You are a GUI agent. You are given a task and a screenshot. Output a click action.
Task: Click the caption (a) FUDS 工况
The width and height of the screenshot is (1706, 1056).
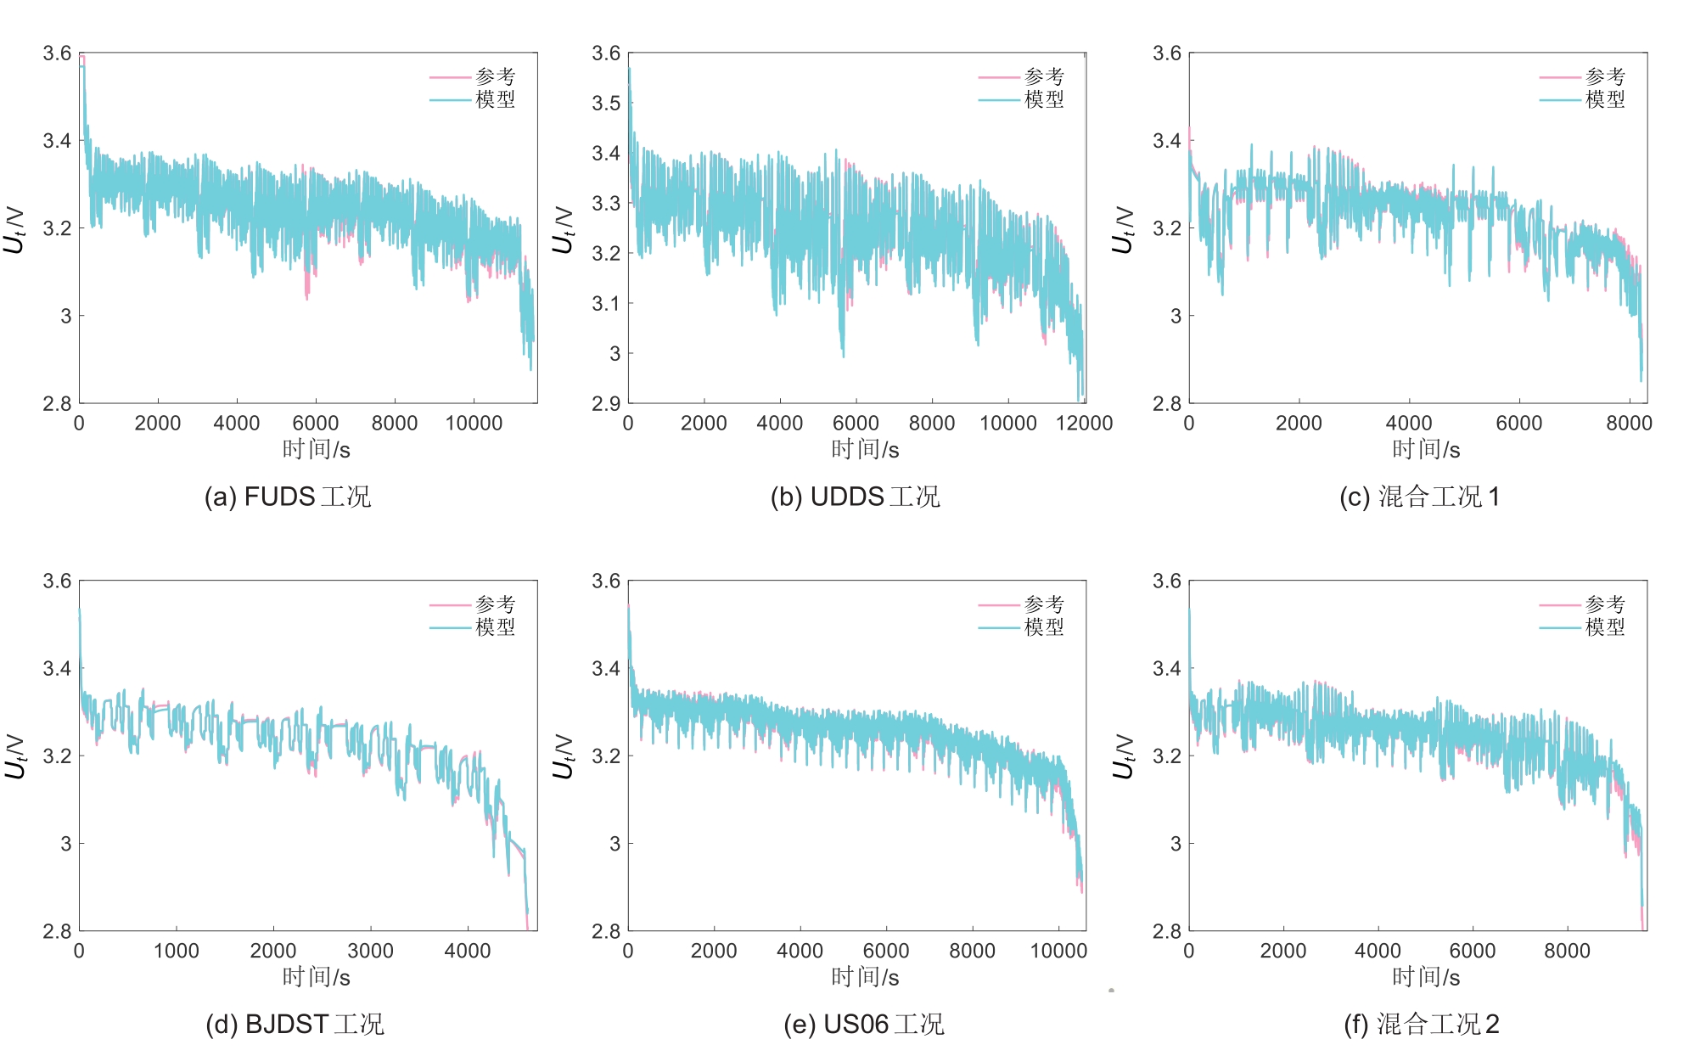(x=288, y=497)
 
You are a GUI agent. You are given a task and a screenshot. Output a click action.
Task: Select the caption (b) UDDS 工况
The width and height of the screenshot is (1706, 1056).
(x=855, y=497)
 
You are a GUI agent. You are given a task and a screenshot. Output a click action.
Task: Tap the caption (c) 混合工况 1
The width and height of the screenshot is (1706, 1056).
(x=1419, y=497)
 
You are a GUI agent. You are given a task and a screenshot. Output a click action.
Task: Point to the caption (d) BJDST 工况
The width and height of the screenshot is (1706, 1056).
(x=295, y=1024)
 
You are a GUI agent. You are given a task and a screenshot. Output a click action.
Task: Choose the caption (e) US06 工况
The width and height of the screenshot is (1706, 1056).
(x=863, y=1024)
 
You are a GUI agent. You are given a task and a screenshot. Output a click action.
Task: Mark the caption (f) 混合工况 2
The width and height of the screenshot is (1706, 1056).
(x=1421, y=1024)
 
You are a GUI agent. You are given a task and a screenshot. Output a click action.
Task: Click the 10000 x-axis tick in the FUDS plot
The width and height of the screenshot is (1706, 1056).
(x=474, y=423)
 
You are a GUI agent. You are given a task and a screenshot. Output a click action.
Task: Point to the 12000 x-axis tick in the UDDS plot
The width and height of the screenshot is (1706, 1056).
(x=1084, y=423)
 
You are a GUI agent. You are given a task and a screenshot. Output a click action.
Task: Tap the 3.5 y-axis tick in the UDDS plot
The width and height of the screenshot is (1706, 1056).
(x=606, y=104)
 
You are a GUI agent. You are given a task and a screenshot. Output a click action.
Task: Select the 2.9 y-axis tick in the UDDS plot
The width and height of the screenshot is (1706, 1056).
(x=606, y=403)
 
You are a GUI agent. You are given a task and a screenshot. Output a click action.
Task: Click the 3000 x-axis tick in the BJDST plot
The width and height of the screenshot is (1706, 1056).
(x=370, y=951)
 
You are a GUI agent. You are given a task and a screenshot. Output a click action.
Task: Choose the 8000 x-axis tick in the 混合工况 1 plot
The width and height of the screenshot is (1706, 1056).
(x=1629, y=423)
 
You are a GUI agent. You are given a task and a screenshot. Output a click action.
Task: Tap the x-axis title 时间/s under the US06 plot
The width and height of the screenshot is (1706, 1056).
(x=865, y=977)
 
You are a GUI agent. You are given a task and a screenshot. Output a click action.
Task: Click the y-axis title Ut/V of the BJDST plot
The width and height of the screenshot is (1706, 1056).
(x=14, y=755)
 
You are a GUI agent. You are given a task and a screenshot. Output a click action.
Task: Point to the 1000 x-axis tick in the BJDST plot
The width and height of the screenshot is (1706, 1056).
(x=176, y=951)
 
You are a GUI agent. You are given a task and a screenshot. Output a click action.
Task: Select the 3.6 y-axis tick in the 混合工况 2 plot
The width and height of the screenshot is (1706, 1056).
(x=1166, y=581)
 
